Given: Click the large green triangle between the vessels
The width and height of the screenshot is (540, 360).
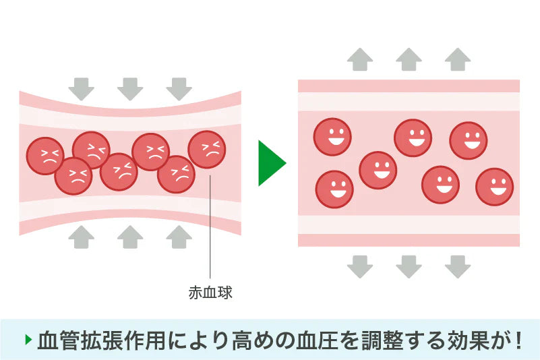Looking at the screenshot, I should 270,162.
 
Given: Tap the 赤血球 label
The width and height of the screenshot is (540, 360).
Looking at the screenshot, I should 210,293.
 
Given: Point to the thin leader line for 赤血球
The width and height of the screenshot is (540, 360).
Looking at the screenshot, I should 210,229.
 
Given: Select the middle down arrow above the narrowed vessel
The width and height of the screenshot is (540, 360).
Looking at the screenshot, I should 130,88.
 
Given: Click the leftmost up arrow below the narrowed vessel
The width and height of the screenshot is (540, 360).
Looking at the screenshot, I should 82,237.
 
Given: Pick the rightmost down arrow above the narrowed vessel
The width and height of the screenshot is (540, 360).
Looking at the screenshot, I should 179,88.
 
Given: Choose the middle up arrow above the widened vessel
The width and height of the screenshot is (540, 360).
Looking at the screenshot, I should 409,59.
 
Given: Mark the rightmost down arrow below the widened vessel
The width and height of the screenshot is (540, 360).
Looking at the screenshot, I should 458,266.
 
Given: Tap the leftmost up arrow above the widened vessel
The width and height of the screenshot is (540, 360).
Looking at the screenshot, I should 360,59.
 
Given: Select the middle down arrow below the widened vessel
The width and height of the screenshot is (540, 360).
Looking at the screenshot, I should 409,266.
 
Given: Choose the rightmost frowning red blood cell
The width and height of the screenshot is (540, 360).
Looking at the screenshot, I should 207,150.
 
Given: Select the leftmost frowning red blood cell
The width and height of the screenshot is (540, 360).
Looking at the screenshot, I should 45,156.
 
